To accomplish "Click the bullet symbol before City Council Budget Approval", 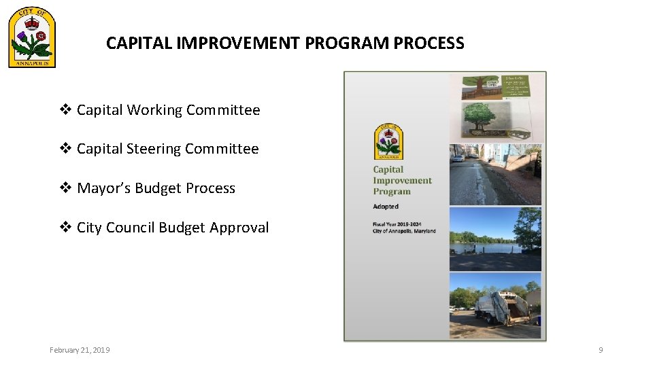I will pos(66,228).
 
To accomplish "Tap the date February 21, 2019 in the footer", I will pos(80,350).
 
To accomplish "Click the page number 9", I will pos(601,350).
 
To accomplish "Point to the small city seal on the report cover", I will pos(388,142).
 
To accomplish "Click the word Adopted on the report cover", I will pos(386,206).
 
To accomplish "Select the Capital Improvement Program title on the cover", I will pos(402,181).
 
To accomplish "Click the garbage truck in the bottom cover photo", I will pos(503,307).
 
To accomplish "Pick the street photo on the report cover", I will pos(495,175).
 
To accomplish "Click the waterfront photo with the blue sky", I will pos(495,239).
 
